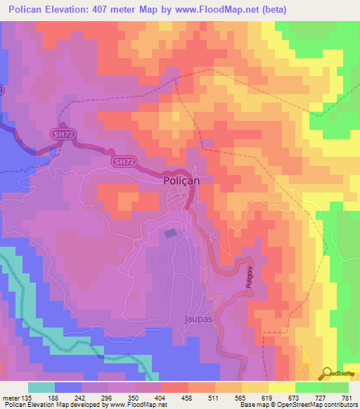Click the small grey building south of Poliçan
pyautogui.click(x=171, y=233)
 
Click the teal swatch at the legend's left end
pyautogui.click(x=41, y=387)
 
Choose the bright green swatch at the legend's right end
pyautogui.click(x=335, y=387)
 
